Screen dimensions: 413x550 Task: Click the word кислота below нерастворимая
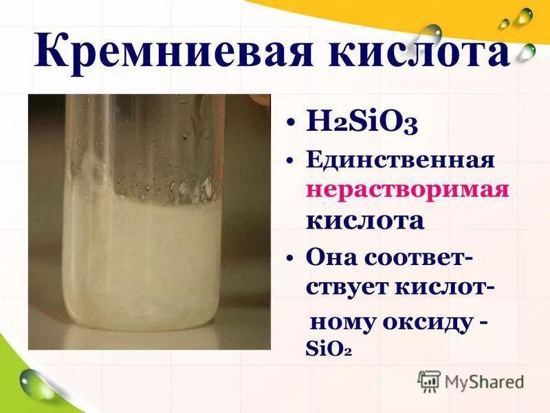click(364, 220)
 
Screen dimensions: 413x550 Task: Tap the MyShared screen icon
click(429, 381)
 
